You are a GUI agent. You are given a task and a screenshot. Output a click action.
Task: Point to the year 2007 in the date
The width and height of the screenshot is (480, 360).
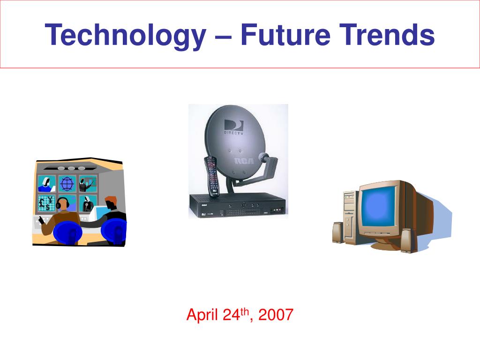click(x=276, y=315)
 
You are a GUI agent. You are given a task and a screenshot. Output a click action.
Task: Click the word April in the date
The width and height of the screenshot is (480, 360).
click(x=202, y=315)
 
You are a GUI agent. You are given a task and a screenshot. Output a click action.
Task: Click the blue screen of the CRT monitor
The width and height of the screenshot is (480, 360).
click(x=378, y=207)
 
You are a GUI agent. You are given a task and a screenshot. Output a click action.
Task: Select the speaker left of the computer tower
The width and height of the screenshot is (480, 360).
click(x=338, y=233)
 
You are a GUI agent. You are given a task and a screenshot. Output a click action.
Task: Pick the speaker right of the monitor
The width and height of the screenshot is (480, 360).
click(x=406, y=240)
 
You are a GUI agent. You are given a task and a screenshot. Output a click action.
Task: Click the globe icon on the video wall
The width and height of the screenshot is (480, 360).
click(x=67, y=183)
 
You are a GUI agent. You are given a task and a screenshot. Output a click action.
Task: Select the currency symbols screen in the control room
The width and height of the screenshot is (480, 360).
click(x=46, y=203)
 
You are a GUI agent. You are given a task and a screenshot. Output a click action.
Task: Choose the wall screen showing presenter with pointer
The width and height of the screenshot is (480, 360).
click(x=87, y=184)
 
